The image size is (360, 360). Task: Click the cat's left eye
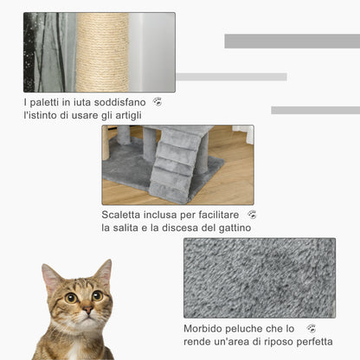(71, 298)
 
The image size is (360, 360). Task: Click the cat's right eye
(96, 295)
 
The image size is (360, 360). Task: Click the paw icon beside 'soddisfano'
(157, 102)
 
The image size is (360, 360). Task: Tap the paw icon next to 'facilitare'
(252, 215)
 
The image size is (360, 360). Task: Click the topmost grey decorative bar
(292, 41)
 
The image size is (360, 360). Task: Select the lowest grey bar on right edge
(315, 110)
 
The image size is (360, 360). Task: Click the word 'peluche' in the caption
(254, 329)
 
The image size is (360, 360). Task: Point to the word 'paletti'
(46, 102)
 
